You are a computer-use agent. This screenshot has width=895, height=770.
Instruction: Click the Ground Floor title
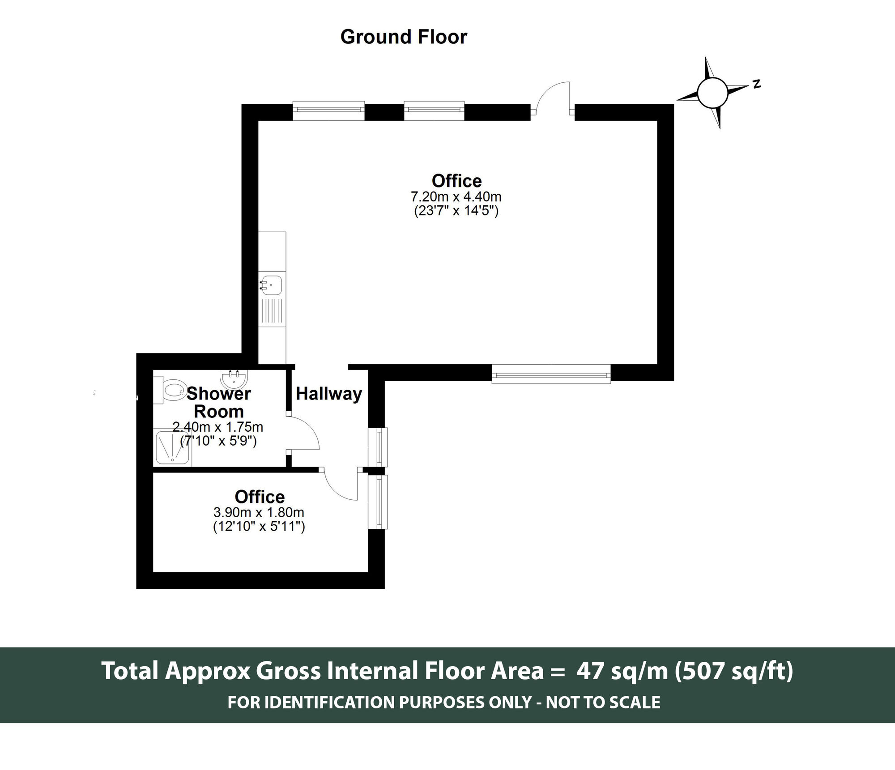403,37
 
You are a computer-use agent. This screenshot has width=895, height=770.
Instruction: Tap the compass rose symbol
712,93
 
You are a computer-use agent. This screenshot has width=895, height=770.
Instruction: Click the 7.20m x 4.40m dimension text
456,197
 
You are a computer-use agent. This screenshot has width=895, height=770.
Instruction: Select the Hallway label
329,394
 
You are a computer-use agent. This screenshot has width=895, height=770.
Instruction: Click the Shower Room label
218,402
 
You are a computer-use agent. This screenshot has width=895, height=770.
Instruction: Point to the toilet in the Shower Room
172,391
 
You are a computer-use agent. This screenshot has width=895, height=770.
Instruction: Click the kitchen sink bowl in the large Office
272,285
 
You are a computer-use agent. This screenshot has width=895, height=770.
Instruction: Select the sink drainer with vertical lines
272,311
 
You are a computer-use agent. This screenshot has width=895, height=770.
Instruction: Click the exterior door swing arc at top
552,96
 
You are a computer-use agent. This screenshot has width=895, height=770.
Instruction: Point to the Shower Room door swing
304,433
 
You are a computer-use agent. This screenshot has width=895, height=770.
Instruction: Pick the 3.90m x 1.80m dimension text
259,512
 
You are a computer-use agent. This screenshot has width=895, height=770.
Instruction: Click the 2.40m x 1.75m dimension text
218,427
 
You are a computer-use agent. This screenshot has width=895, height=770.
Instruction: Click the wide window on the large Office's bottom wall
551,374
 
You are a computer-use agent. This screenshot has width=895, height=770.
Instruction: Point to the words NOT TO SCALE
603,702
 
